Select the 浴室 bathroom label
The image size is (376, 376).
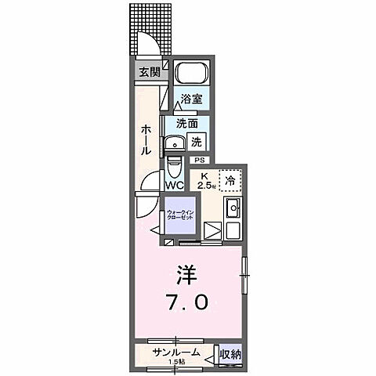click(192, 99)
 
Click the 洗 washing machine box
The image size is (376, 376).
click(197, 142)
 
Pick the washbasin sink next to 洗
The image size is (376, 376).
click(174, 143)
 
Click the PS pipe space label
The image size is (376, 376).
click(199, 160)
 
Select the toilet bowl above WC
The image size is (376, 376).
click(174, 166)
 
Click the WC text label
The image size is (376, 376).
click(174, 186)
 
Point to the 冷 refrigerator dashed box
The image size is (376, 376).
click(230, 179)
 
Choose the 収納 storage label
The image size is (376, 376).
click(229, 355)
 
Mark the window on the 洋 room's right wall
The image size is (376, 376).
click(244, 267)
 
